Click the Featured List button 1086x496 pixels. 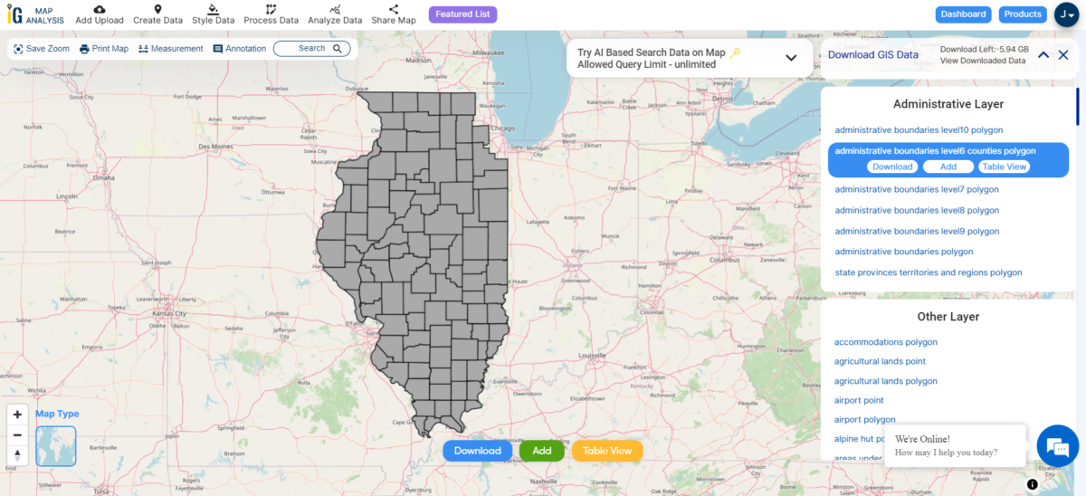[x=462, y=14]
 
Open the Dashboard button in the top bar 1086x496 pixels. [x=963, y=14]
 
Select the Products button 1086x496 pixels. [x=1023, y=14]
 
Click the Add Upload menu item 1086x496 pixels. [x=100, y=14]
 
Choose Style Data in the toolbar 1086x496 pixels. [x=214, y=14]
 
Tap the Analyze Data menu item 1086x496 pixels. [x=335, y=14]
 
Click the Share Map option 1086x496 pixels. [x=394, y=14]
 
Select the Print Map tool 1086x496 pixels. [x=104, y=49]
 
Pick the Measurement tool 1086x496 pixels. [x=171, y=49]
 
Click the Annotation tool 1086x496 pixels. [x=240, y=49]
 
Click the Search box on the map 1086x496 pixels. [x=311, y=49]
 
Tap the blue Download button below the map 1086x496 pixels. [x=477, y=451]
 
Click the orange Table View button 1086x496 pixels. [x=607, y=451]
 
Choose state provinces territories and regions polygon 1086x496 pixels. [x=928, y=272]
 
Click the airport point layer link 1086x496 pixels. [x=859, y=400]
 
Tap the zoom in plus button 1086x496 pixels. [x=17, y=415]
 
